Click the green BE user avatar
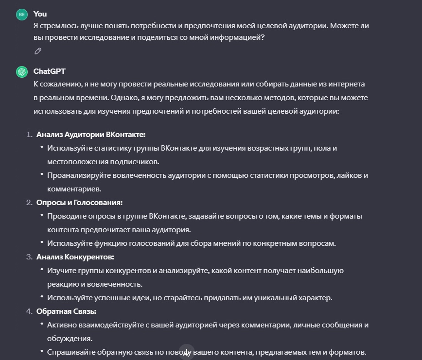pyautogui.click(x=21, y=15)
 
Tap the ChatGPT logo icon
pyautogui.click(x=21, y=72)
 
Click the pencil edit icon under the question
pyautogui.click(x=38, y=51)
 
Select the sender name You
pyautogui.click(x=40, y=14)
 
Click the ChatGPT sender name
pyautogui.click(x=50, y=71)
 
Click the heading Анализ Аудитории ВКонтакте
pyautogui.click(x=91, y=135)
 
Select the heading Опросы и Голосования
pyautogui.click(x=79, y=202)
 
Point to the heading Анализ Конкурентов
pyautogui.click(x=75, y=257)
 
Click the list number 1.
pyautogui.click(x=29, y=135)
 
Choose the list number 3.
pyautogui.click(x=29, y=257)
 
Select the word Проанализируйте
pyautogui.click(x=77, y=175)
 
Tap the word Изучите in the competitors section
pyautogui.click(x=61, y=270)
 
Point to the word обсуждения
pyautogui.click(x=69, y=338)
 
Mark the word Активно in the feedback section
pyautogui.click(x=62, y=325)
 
